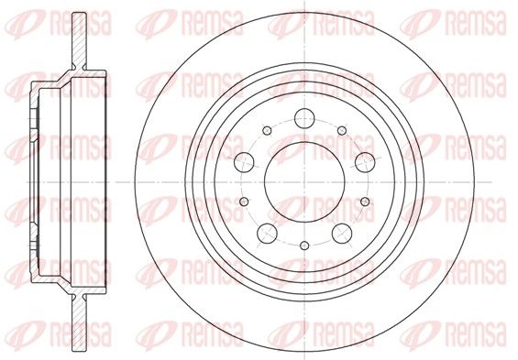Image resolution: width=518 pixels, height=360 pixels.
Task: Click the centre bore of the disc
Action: (x=304, y=181)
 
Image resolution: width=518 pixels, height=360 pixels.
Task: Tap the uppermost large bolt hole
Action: (x=304, y=118)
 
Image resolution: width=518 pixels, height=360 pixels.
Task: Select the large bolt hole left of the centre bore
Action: (x=244, y=162)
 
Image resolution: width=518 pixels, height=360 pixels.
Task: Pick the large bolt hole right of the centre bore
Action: (x=365, y=162)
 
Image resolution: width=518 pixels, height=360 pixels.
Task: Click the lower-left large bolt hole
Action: (x=267, y=234)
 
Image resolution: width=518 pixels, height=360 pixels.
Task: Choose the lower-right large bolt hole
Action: (x=342, y=234)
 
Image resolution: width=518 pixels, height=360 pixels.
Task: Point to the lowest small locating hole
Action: (x=304, y=245)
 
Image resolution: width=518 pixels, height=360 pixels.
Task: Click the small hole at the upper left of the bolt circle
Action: (x=267, y=130)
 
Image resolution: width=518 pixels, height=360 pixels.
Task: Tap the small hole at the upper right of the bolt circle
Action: (x=342, y=130)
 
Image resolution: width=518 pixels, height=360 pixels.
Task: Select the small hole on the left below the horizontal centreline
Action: (x=244, y=202)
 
